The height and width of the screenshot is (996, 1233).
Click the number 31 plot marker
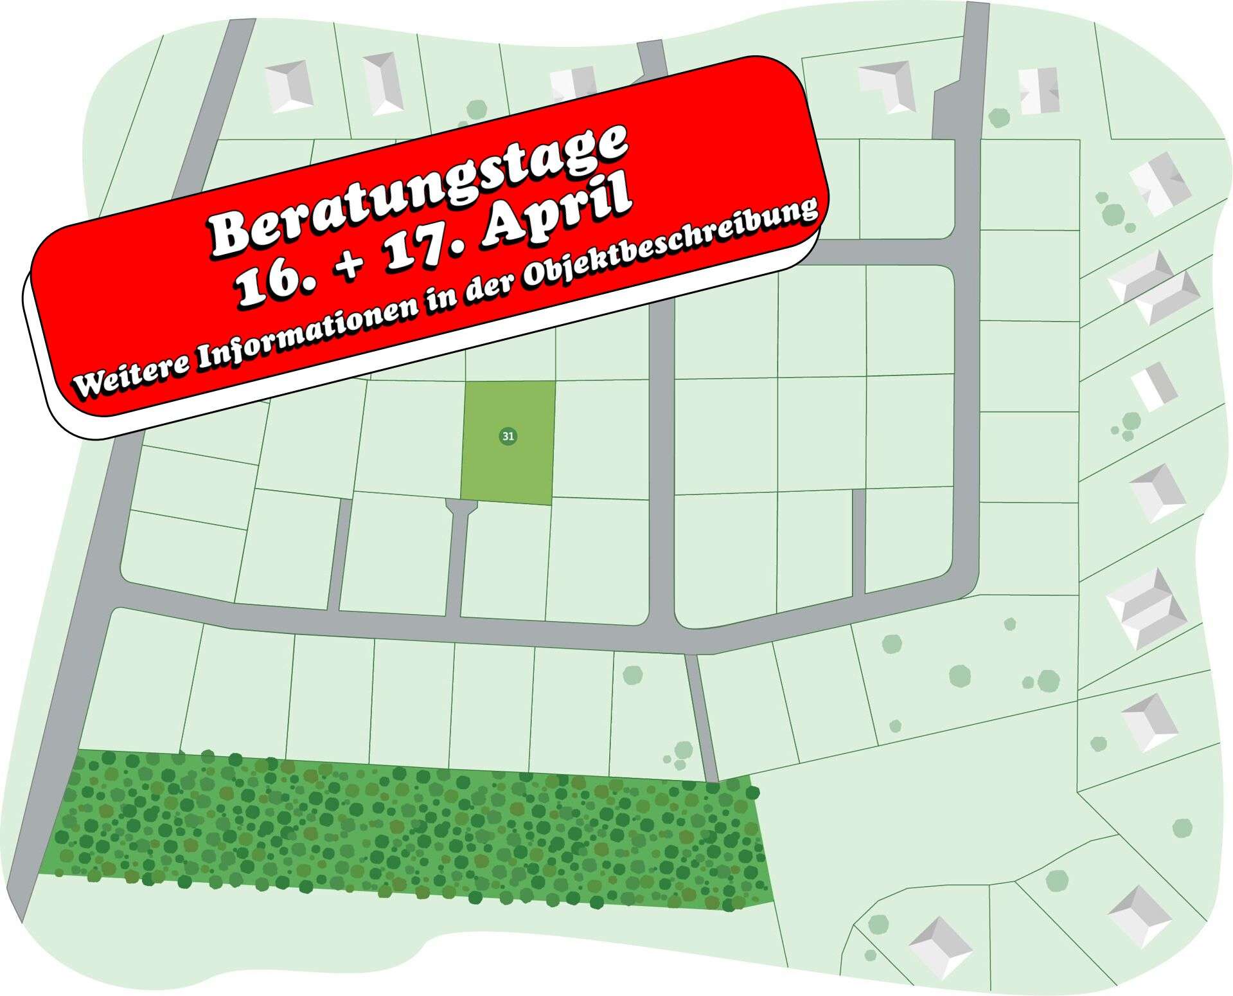(x=508, y=437)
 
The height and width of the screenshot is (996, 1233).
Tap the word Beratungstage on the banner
(x=418, y=189)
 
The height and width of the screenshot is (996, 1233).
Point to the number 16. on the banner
(x=271, y=284)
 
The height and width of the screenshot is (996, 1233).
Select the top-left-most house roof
(x=289, y=87)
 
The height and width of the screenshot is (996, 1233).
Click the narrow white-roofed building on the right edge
(x=1154, y=386)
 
